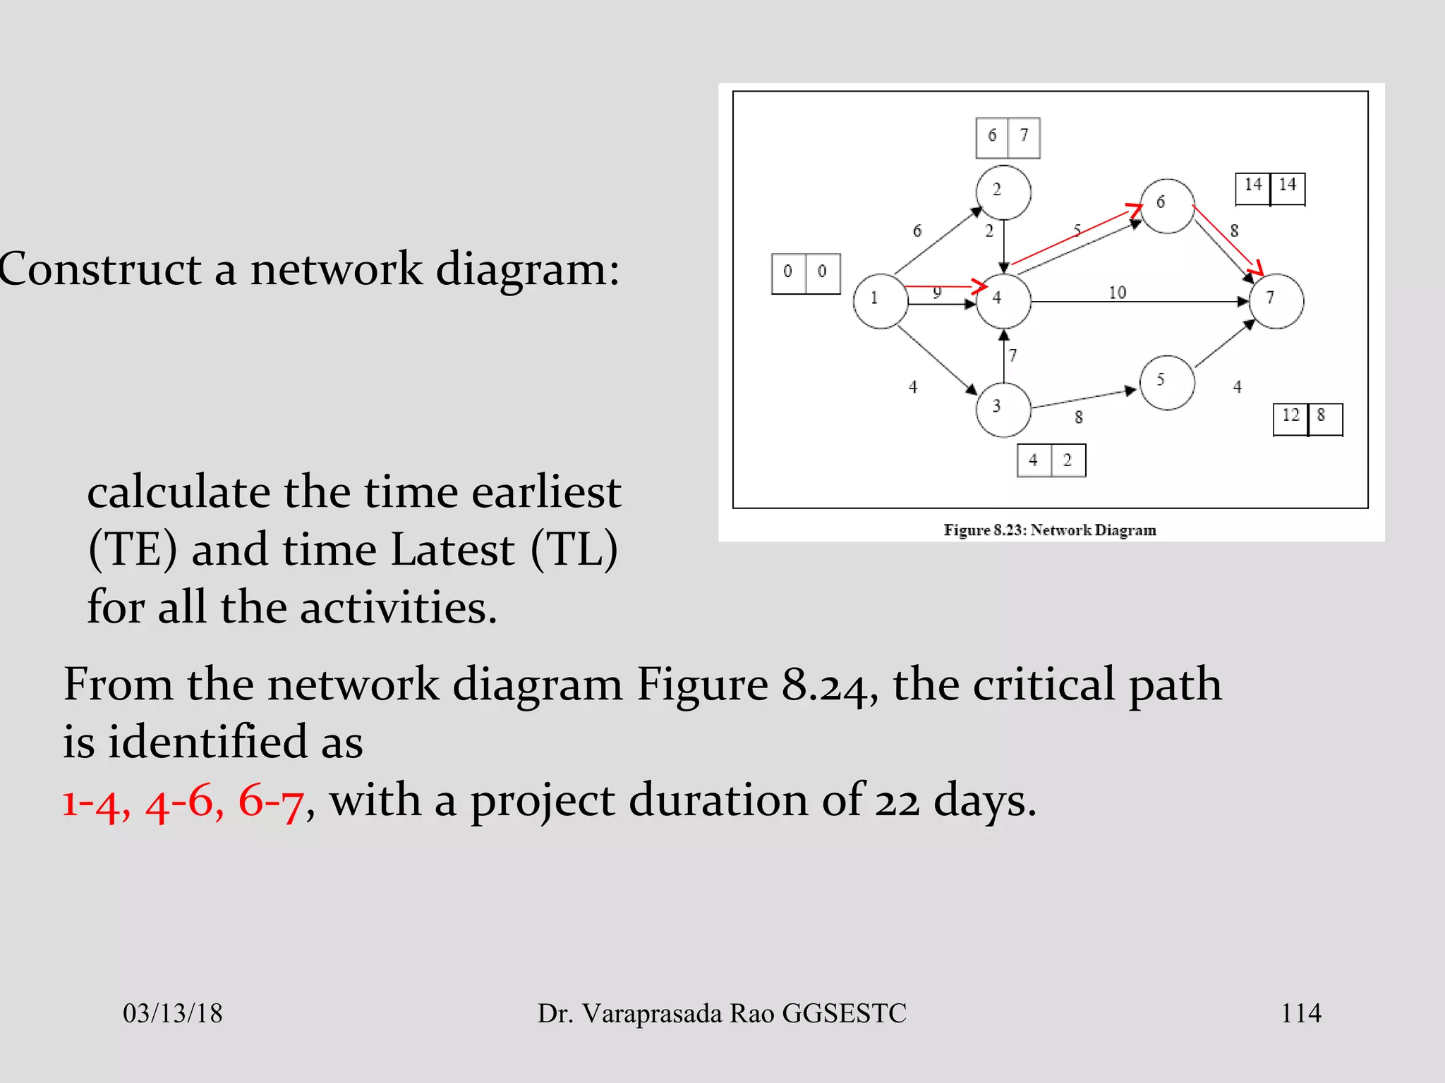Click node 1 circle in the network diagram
point(880,301)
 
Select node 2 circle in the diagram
point(1003,192)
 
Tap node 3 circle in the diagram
point(1003,410)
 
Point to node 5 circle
point(1167,383)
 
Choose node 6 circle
point(1167,206)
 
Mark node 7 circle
point(1276,301)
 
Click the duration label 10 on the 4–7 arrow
point(1118,293)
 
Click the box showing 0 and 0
point(806,274)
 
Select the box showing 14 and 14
point(1270,189)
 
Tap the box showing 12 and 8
point(1307,420)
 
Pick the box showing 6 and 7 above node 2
point(1008,137)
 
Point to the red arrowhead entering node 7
point(1255,269)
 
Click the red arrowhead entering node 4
point(979,286)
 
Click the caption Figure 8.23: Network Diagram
point(1050,530)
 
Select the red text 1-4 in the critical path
point(95,802)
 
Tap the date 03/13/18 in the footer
point(172,1013)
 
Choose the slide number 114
point(1300,1013)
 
